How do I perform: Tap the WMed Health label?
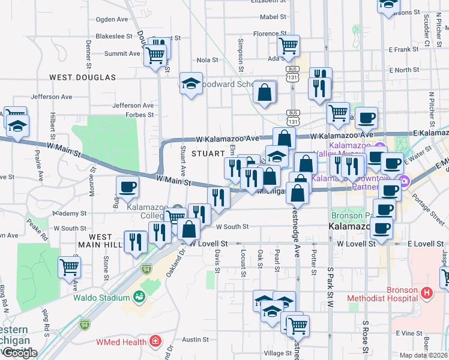[x=121, y=342]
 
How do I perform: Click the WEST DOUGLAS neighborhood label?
[x=82, y=77]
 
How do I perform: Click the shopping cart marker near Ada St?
[x=289, y=45]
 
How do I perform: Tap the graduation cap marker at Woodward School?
[x=191, y=83]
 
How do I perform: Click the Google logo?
[x=20, y=353]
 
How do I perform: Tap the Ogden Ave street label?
[x=109, y=20]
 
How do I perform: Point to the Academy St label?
[x=70, y=214]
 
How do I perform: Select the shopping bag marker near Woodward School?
[x=264, y=92]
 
